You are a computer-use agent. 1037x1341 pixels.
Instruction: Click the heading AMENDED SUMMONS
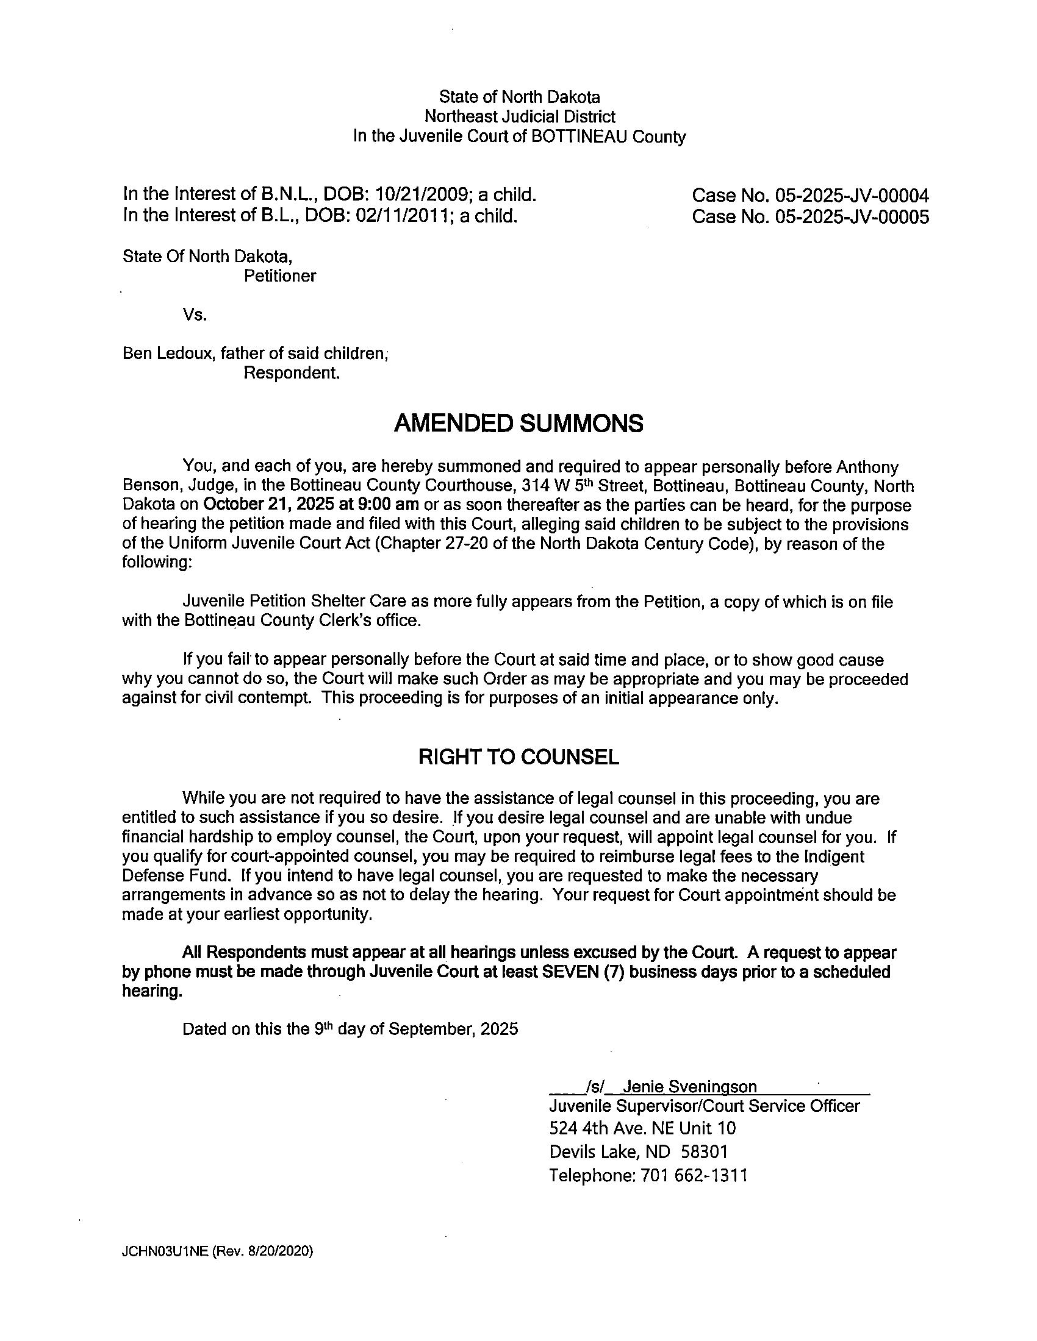point(518,424)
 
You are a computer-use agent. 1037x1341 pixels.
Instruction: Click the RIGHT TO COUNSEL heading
point(518,757)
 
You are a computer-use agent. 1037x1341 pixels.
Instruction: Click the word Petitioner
point(279,276)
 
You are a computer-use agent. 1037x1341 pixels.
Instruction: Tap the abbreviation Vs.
point(195,315)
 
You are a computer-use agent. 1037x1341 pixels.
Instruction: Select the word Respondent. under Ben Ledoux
point(291,372)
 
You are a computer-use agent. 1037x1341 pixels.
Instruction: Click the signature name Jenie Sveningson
point(690,1087)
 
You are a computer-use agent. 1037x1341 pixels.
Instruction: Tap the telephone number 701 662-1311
point(694,1176)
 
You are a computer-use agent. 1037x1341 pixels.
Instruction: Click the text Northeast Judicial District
point(519,116)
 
